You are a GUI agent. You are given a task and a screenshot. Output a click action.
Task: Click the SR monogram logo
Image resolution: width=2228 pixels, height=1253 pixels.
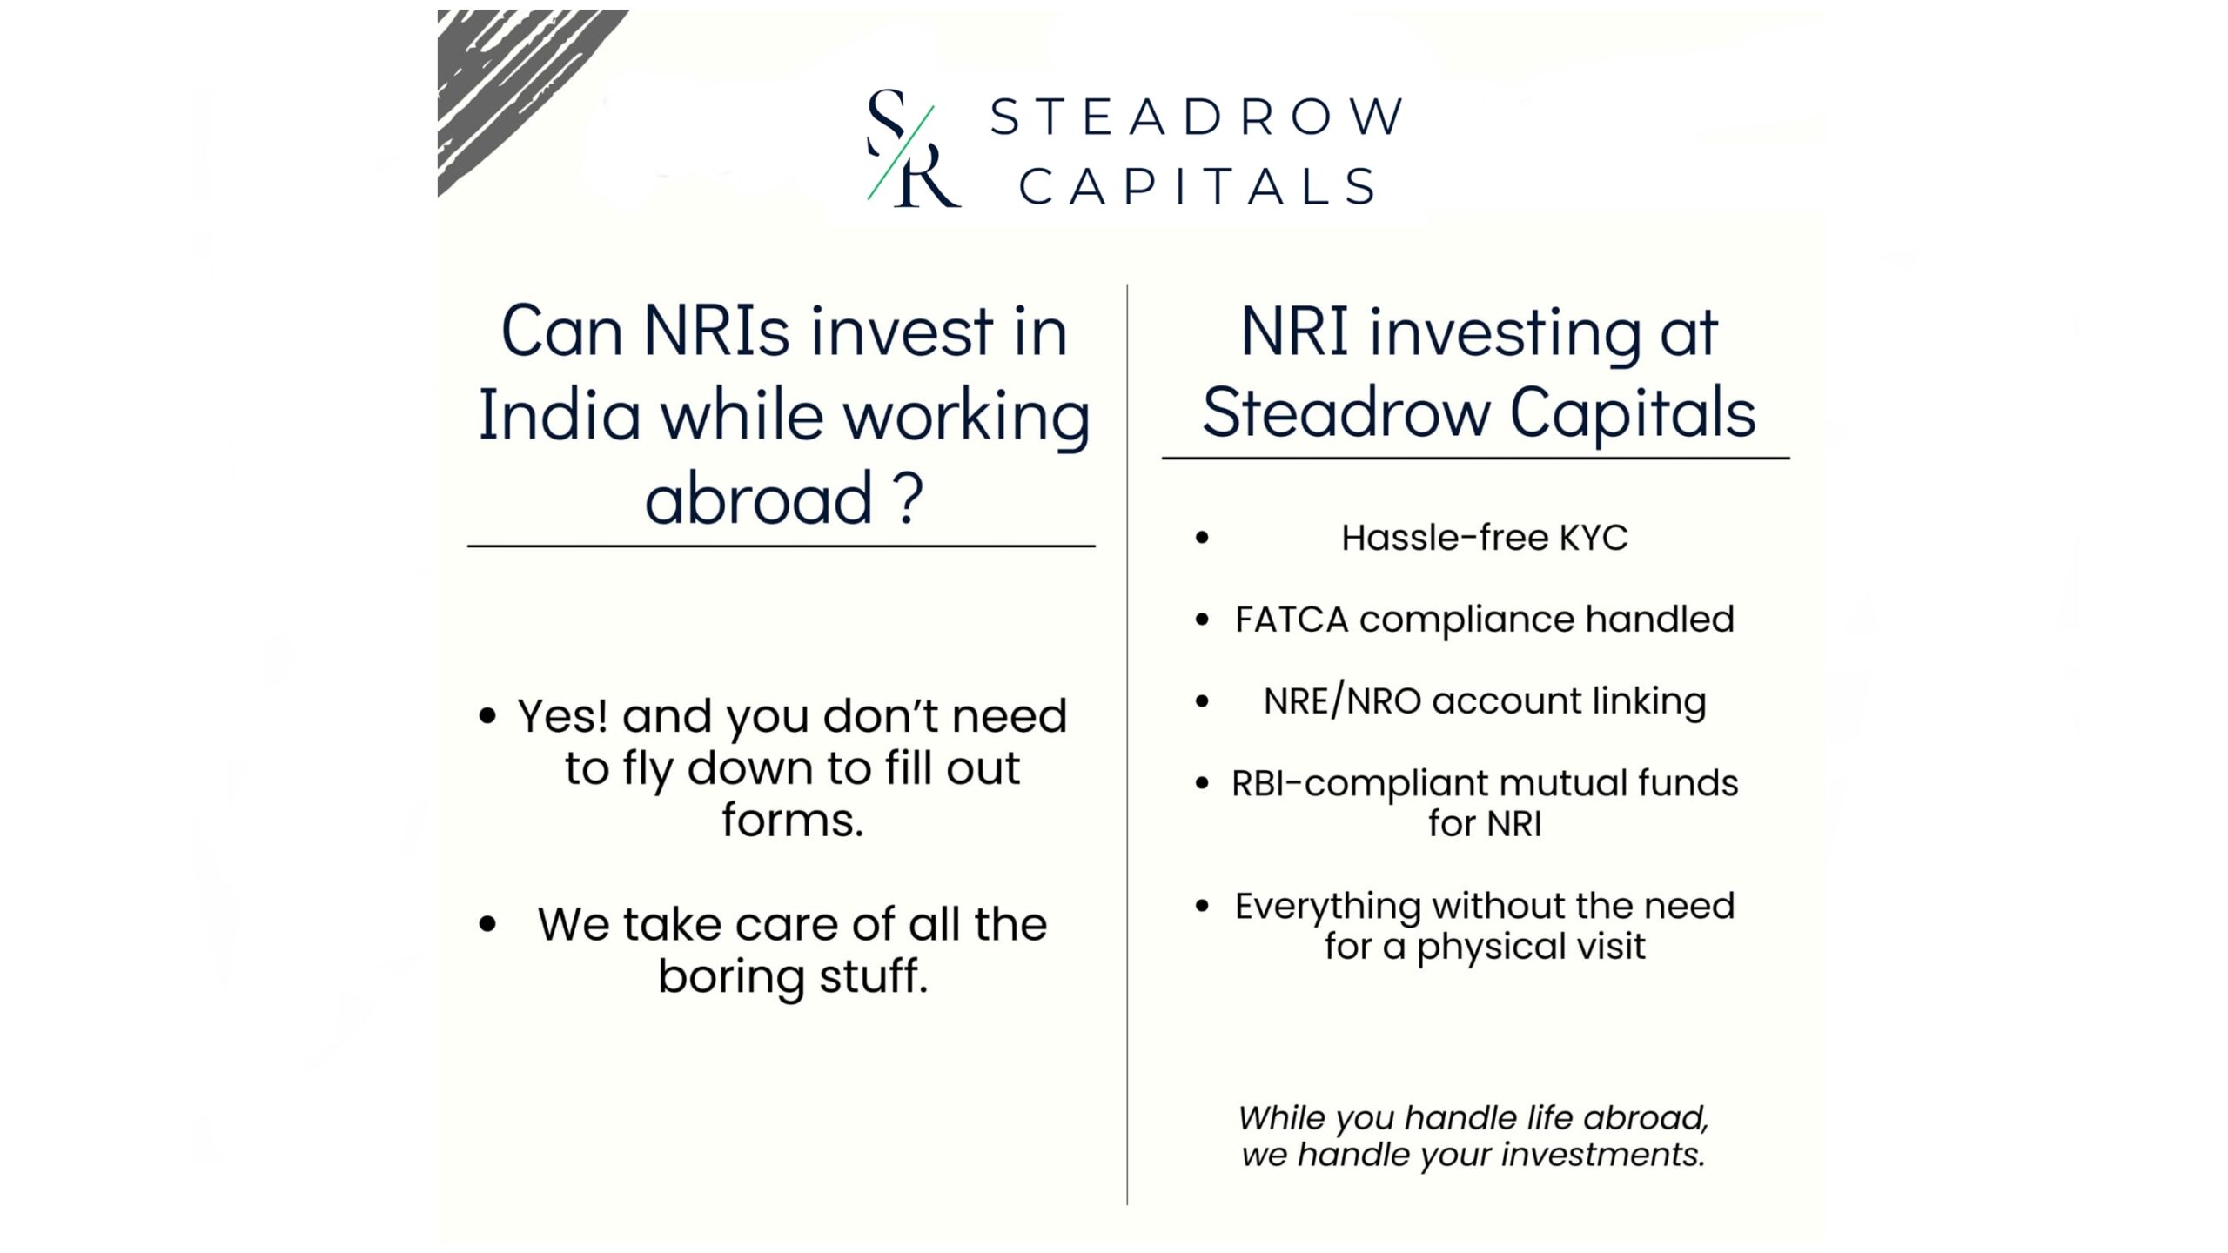coord(913,148)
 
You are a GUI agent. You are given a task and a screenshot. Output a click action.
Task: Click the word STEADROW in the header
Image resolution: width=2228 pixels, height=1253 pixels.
coord(1197,117)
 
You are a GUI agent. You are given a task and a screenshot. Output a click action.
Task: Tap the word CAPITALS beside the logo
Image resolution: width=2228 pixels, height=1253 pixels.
coord(1198,187)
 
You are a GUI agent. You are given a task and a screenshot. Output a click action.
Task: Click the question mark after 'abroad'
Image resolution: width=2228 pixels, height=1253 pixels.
coord(908,498)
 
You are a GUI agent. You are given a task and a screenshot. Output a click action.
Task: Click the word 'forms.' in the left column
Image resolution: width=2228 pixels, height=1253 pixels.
coord(792,821)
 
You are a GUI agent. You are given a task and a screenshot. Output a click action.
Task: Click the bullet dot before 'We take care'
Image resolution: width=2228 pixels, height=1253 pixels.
coord(487,924)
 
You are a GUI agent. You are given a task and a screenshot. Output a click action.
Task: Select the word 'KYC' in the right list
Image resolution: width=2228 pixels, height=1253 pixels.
coord(1593,538)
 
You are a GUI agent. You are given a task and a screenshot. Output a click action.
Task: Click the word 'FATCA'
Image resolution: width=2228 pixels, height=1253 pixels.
coord(1292,620)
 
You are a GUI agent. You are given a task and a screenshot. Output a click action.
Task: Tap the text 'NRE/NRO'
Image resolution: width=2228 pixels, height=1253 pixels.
coord(1342,701)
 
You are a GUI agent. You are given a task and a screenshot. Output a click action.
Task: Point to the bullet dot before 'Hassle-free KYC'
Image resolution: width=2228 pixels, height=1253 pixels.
coord(1202,538)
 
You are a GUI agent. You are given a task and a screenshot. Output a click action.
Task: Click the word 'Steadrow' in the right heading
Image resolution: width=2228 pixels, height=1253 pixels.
coord(1346,413)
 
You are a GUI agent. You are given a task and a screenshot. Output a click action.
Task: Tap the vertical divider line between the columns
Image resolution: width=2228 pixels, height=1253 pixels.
coord(1127,744)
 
